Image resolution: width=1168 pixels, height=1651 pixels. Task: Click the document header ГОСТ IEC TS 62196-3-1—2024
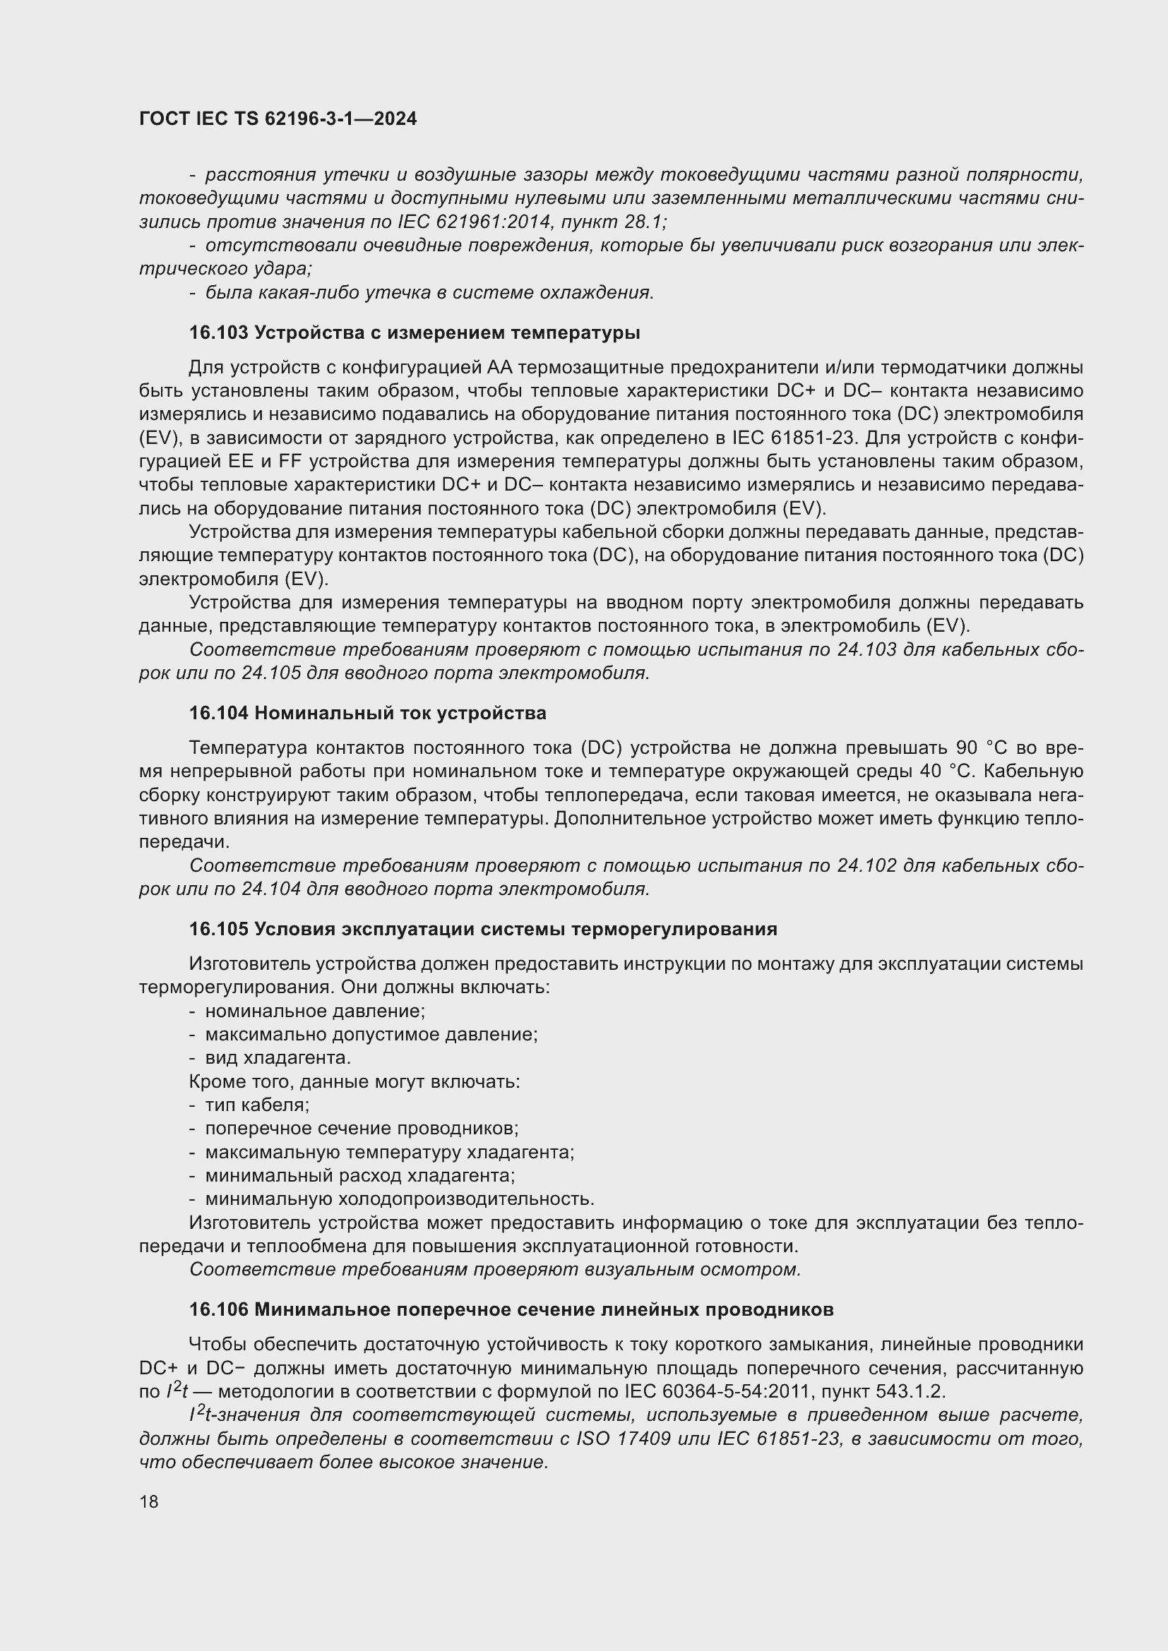pyautogui.click(x=278, y=119)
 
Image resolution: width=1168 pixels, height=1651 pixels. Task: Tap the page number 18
pyautogui.click(x=149, y=1501)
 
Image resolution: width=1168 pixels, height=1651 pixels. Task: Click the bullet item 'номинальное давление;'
pyautogui.click(x=315, y=1011)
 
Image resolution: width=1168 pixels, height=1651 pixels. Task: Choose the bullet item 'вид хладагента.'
pyautogui.click(x=278, y=1058)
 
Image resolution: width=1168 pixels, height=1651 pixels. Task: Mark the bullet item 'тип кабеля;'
pyautogui.click(x=258, y=1105)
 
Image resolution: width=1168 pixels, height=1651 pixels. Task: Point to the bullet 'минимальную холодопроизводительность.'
pyautogui.click(x=400, y=1199)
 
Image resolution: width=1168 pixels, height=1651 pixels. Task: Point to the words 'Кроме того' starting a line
pyautogui.click(x=239, y=1081)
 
